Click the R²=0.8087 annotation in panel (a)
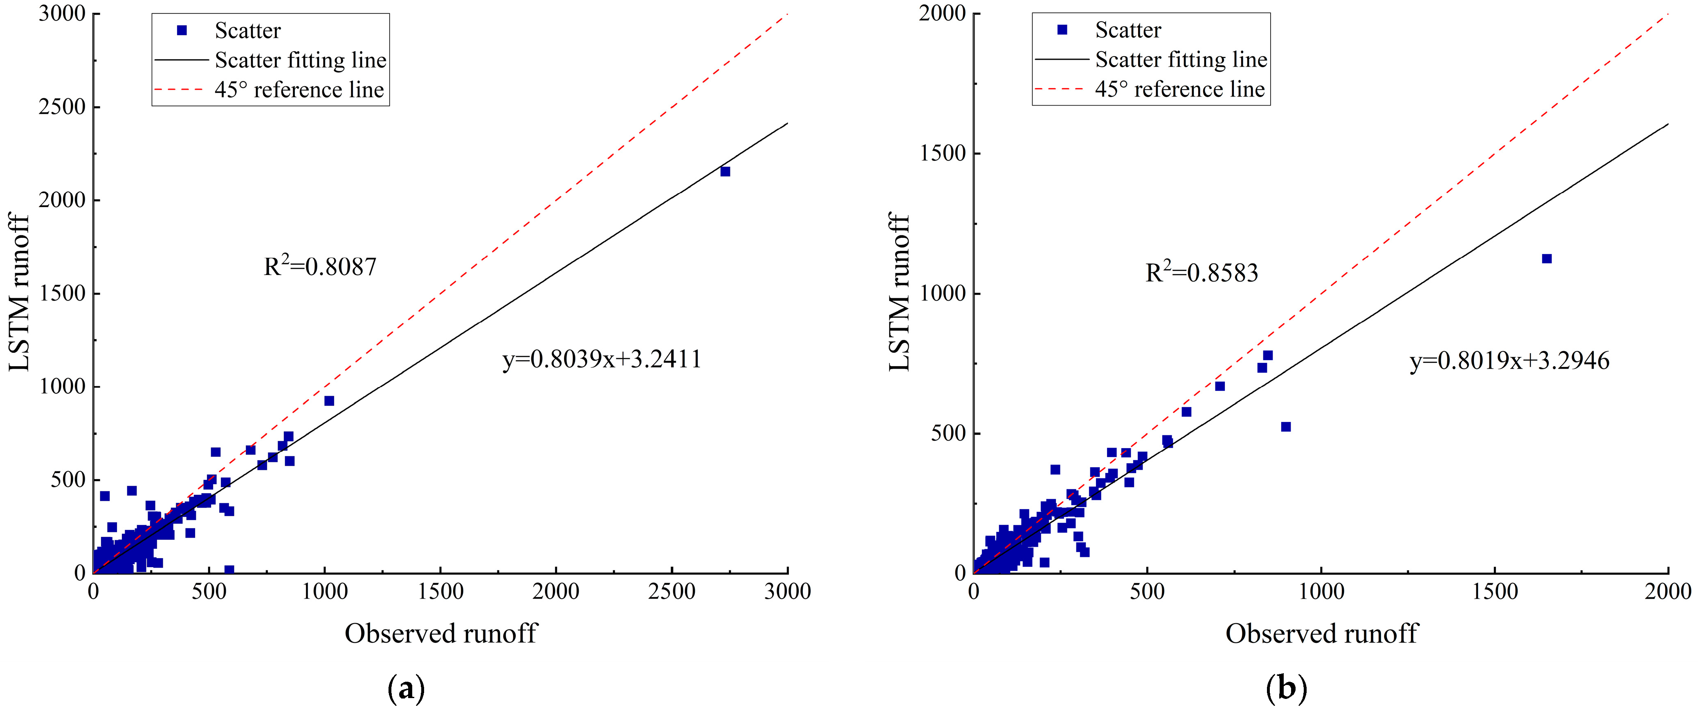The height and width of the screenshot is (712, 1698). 320,266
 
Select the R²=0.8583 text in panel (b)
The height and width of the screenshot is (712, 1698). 1202,272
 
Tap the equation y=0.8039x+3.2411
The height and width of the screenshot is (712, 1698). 602,359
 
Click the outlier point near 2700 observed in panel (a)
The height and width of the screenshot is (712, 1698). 725,171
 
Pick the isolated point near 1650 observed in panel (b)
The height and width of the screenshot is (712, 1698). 1546,259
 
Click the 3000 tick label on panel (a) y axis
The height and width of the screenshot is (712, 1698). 62,14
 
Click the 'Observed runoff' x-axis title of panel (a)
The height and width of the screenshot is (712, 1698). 441,633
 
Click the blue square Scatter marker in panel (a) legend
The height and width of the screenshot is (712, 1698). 182,30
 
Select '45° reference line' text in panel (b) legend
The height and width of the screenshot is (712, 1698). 1179,89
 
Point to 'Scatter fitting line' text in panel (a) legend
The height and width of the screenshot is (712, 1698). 301,60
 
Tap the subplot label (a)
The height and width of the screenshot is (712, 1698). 407,689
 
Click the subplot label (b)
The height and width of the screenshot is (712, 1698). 1286,689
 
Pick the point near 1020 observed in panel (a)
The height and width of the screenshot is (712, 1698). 329,401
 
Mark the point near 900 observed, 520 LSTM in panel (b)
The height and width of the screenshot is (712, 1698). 1285,426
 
